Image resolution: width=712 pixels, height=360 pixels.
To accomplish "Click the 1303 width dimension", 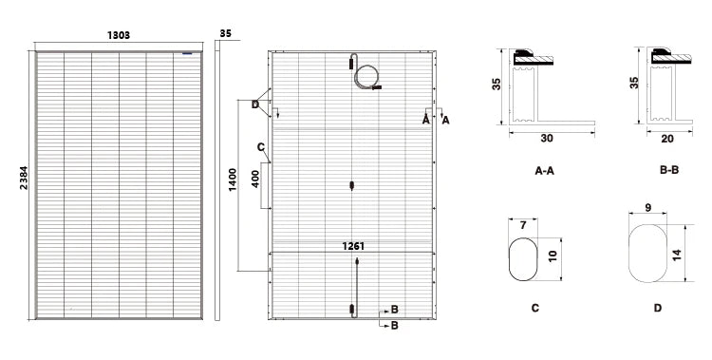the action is tap(119, 35).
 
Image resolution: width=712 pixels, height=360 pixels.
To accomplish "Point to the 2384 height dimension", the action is tap(24, 179).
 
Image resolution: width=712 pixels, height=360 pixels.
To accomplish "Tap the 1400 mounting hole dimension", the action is tap(233, 180).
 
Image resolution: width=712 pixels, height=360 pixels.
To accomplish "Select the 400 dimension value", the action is tap(255, 180).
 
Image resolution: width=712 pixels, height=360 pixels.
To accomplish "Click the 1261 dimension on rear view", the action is tap(353, 246).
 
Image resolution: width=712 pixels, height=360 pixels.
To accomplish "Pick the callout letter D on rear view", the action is tap(255, 105).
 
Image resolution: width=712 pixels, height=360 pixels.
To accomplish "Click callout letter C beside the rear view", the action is tap(261, 147).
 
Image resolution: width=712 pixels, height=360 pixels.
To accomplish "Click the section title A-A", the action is tap(545, 171).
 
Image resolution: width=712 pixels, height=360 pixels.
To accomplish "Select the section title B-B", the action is tap(669, 170).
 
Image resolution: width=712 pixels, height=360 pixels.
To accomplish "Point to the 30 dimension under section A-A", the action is tap(547, 138).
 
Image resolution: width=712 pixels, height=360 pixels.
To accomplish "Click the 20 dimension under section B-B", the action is tap(667, 139).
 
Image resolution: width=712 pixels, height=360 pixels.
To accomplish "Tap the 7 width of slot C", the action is tap(523, 225).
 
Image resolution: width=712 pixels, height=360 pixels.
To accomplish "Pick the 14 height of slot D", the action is tap(677, 255).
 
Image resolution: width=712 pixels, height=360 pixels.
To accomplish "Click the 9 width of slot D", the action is tap(648, 208).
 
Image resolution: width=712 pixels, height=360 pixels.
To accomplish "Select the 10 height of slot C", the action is tap(553, 256).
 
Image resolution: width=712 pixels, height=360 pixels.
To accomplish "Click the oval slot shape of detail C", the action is tap(509, 259).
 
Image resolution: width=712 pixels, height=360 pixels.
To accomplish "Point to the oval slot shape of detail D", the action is tap(628, 254).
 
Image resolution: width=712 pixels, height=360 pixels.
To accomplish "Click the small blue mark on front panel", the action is tap(187, 53).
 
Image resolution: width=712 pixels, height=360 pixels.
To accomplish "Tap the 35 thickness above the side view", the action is tap(225, 33).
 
